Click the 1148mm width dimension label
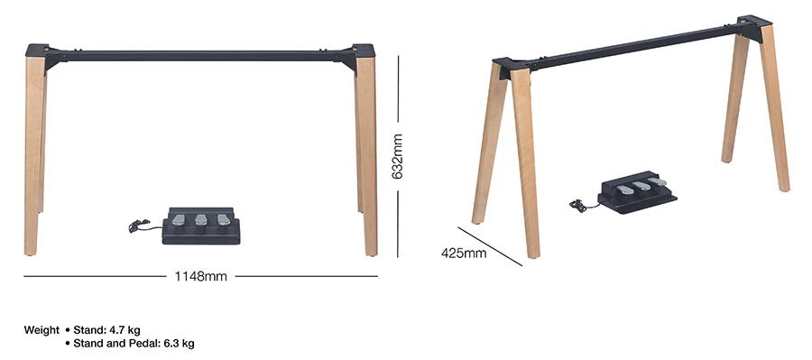200,276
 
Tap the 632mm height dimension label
397,156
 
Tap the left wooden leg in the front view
34,153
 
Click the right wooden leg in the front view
366,153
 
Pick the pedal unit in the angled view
637,194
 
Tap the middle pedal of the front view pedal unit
200,219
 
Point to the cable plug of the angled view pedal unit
577,207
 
